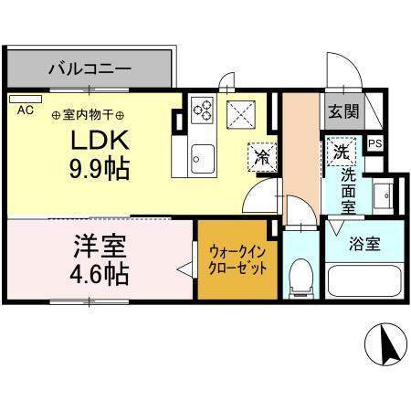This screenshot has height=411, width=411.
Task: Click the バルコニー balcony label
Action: pos(89,68)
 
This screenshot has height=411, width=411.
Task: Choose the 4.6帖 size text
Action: pos(98,271)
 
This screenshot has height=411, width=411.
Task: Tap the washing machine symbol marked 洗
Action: pos(339,150)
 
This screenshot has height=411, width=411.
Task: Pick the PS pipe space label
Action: pos(374,143)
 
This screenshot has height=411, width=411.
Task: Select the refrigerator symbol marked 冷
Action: pos(262,156)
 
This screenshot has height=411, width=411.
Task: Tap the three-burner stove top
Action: pos(202,112)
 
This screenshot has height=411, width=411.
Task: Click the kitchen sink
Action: pos(200,161)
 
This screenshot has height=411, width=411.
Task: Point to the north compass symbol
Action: pos(385,343)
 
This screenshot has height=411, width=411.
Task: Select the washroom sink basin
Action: pos(386,195)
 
